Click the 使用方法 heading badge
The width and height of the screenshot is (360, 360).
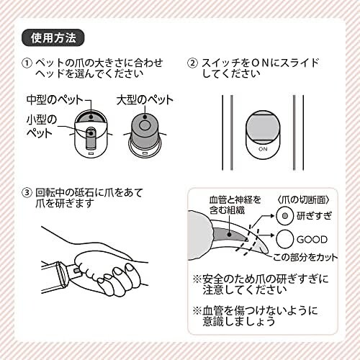click(53, 37)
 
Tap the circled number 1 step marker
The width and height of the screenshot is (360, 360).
click(27, 63)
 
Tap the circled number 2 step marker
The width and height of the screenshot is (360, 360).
click(192, 63)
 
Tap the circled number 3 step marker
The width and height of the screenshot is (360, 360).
click(27, 193)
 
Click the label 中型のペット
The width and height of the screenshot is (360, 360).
click(55, 100)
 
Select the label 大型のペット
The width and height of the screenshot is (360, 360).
click(145, 100)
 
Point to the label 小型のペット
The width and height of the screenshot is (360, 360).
click(41, 127)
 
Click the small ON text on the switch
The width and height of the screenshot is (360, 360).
click(263, 149)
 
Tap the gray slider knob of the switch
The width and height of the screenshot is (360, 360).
click(263, 127)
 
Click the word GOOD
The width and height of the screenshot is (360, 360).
click(312, 239)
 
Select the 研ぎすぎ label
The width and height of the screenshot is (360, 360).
click(315, 215)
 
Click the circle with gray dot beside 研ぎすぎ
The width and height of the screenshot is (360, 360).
click(285, 216)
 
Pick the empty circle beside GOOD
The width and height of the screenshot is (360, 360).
click(285, 239)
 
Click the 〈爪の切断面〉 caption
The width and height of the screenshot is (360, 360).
click(303, 199)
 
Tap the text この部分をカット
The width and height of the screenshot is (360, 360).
click(305, 257)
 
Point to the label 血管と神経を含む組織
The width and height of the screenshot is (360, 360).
click(235, 205)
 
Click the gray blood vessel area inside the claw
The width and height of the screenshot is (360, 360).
click(229, 235)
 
